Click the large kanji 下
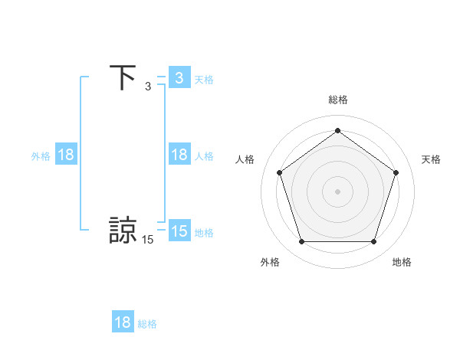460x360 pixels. point(123,78)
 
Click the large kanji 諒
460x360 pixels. point(123,231)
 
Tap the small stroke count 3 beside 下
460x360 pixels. point(148,87)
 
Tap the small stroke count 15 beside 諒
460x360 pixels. point(148,240)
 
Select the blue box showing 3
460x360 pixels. point(179,78)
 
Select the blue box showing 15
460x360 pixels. point(179,231)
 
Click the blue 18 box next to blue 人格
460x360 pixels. point(179,155)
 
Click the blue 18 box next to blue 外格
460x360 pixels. point(66,155)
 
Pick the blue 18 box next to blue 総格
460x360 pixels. point(123,322)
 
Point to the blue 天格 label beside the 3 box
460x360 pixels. point(204,79)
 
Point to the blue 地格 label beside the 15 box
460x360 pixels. point(204,232)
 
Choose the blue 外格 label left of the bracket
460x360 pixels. point(41,155)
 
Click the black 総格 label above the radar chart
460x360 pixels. point(338,100)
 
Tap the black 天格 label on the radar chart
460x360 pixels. point(431,159)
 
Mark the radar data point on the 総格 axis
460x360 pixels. point(338,131)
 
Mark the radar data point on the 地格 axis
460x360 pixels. point(373,242)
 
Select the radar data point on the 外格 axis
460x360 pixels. point(301,242)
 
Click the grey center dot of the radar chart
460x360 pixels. point(337,191)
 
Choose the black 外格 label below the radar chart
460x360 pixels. point(270,262)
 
